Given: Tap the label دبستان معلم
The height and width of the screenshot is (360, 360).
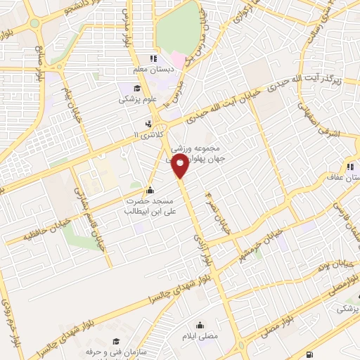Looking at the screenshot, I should [x=154, y=70].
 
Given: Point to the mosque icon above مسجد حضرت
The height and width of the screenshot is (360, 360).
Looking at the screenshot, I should [x=149, y=189].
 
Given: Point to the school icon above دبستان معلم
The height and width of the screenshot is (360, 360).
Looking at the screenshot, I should [x=154, y=58].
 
